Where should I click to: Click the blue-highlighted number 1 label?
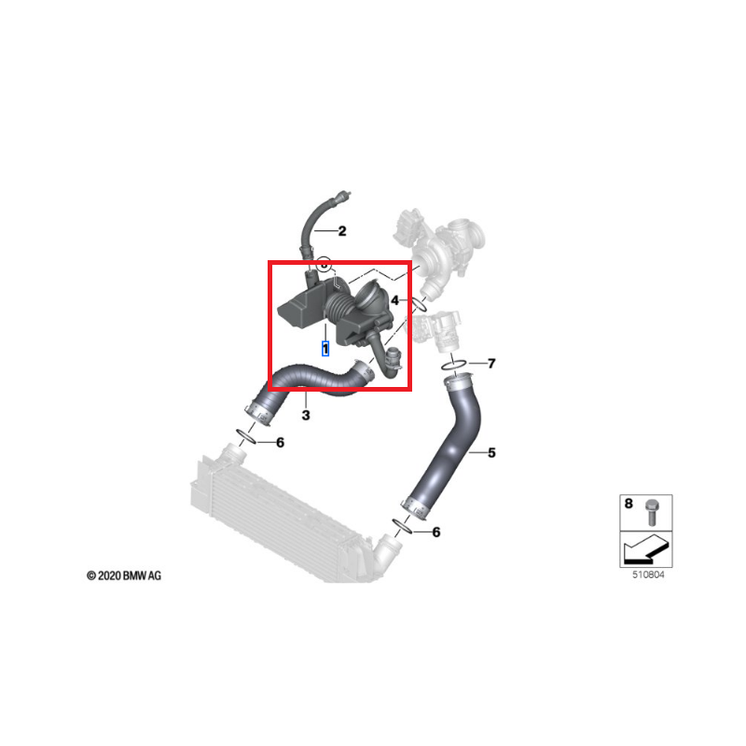(x=325, y=349)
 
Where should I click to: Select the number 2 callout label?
(x=341, y=231)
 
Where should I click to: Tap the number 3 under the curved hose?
(x=305, y=412)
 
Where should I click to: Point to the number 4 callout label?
(x=395, y=301)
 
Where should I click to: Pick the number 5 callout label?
(x=491, y=453)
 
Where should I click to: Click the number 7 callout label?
(x=491, y=363)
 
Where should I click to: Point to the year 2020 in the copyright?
(x=110, y=577)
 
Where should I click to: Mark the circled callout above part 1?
(x=324, y=264)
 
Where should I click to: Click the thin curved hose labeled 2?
(x=311, y=224)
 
